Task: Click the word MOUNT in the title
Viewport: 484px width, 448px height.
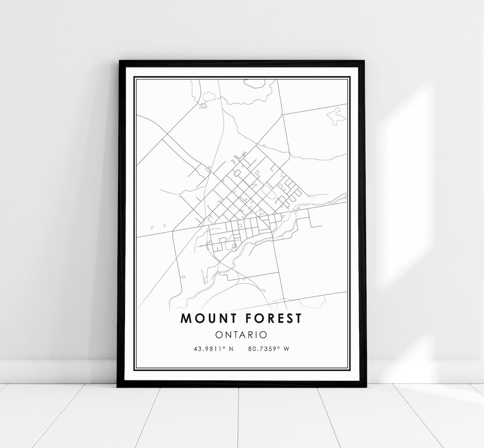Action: pyautogui.click(x=207, y=319)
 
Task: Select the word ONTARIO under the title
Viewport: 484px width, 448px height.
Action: pyautogui.click(x=241, y=335)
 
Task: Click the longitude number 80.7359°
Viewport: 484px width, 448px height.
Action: pyautogui.click(x=263, y=349)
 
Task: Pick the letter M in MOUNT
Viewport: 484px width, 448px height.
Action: pyautogui.click(x=186, y=319)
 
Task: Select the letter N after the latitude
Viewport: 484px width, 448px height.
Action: pyautogui.click(x=231, y=349)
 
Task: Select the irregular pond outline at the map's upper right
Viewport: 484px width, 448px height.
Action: pyautogui.click(x=336, y=116)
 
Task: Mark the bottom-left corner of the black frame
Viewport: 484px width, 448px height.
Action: pyautogui.click(x=118, y=385)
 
